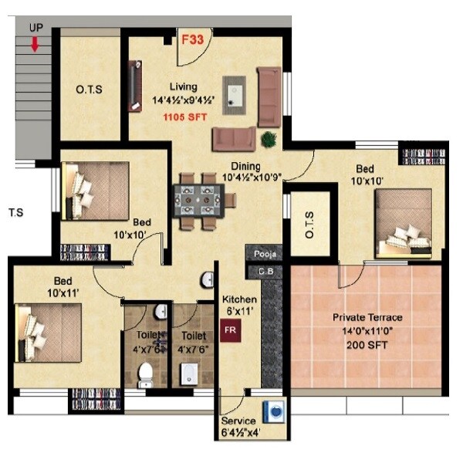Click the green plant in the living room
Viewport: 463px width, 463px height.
(x=269, y=140)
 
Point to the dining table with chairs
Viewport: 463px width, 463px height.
(x=204, y=199)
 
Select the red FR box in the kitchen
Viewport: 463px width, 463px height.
(x=229, y=331)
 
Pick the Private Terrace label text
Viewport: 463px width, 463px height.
(x=367, y=317)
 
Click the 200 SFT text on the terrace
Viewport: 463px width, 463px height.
(x=367, y=345)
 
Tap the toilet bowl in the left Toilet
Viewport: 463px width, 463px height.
(x=144, y=378)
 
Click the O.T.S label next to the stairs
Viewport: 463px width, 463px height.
(x=90, y=90)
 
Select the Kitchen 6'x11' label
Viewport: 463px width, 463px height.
(x=239, y=305)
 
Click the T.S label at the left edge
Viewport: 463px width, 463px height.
(x=17, y=210)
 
